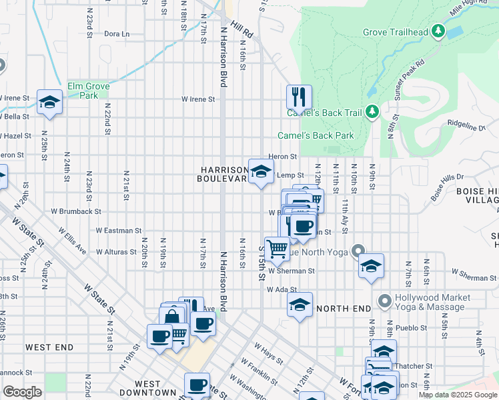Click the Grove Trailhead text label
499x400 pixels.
(x=394, y=32)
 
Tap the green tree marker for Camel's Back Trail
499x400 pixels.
(x=373, y=112)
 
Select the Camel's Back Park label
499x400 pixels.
(x=316, y=135)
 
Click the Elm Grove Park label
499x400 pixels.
(x=88, y=91)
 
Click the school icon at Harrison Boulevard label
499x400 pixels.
(x=262, y=171)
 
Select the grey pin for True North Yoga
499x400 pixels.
(x=360, y=251)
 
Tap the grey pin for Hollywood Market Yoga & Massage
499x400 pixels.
(x=384, y=301)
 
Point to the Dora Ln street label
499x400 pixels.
(x=116, y=33)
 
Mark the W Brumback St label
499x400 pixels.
(x=77, y=211)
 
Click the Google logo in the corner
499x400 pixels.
(x=22, y=392)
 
